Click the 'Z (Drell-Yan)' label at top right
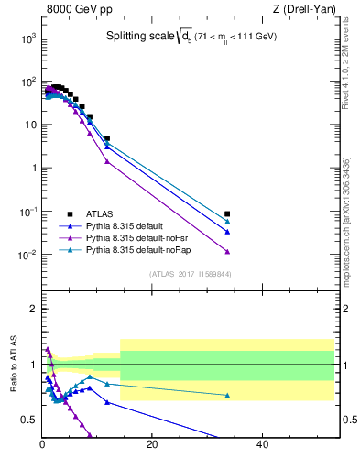pos(304,9)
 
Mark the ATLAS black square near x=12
pos(107,138)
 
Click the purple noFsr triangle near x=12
pos(107,161)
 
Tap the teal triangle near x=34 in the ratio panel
pos(227,395)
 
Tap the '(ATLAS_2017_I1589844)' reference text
pos(191,274)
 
